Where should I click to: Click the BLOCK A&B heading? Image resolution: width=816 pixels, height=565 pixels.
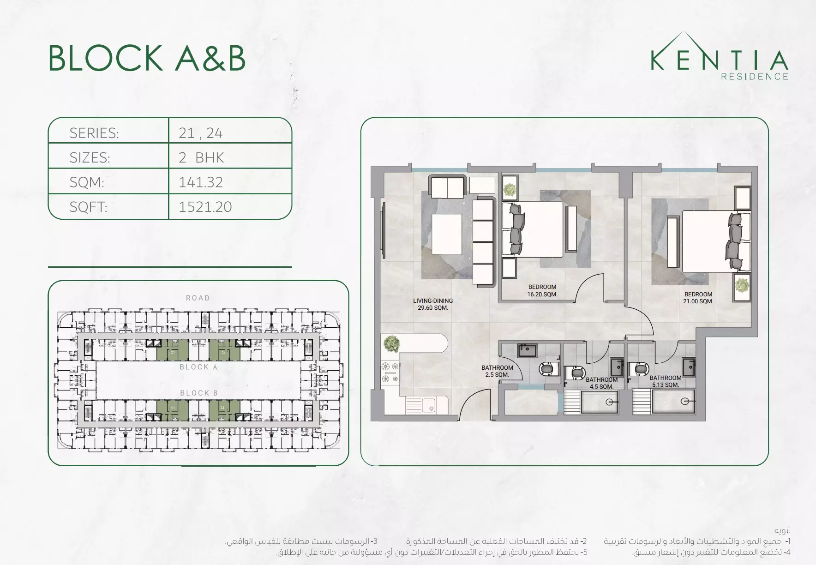pyautogui.click(x=147, y=59)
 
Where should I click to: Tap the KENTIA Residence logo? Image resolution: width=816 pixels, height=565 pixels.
pyautogui.click(x=720, y=58)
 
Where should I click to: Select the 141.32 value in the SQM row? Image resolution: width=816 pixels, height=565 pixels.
pyautogui.click(x=201, y=182)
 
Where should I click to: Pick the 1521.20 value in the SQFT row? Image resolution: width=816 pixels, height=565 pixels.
pyautogui.click(x=205, y=207)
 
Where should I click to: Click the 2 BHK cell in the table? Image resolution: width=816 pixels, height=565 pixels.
pyautogui.click(x=201, y=157)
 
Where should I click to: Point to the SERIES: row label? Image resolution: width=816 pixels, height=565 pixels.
pyautogui.click(x=94, y=133)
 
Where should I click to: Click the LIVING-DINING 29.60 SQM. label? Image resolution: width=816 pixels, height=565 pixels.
pyautogui.click(x=433, y=304)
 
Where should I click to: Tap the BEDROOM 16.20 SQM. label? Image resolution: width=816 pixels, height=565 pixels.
pyautogui.click(x=542, y=290)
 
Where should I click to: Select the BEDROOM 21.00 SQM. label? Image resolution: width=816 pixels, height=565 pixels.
pyautogui.click(x=698, y=298)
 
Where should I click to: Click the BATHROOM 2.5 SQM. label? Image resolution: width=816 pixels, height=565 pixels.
pyautogui.click(x=497, y=371)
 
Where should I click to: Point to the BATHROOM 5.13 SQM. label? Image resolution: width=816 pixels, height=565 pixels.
pyautogui.click(x=665, y=381)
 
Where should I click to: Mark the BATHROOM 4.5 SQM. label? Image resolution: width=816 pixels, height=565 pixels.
pyautogui.click(x=601, y=383)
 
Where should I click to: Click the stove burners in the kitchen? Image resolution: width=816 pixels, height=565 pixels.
pyautogui.click(x=390, y=373)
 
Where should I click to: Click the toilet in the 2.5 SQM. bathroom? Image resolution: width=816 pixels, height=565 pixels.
pyautogui.click(x=548, y=369)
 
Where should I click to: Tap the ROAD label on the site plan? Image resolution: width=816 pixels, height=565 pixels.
pyautogui.click(x=198, y=298)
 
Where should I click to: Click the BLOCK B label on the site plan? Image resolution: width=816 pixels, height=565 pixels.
pyautogui.click(x=198, y=393)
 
